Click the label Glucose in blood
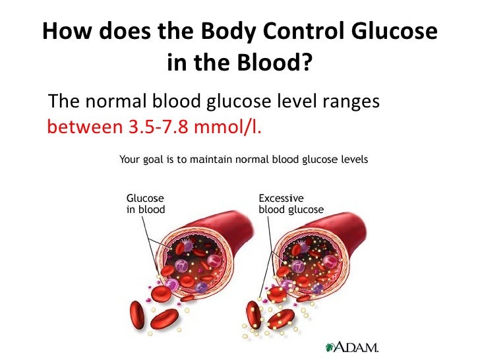(x=145, y=204)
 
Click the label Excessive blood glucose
(x=291, y=204)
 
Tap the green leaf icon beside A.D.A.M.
(x=330, y=346)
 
